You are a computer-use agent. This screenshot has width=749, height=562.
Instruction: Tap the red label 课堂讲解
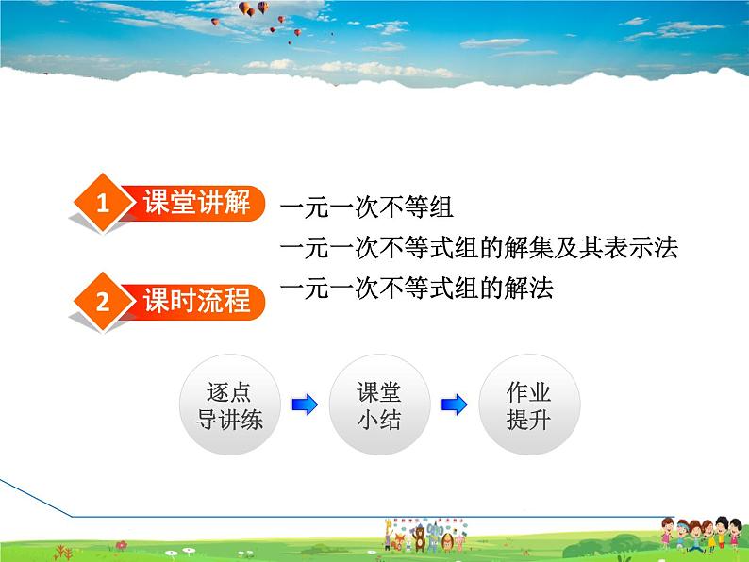point(196,202)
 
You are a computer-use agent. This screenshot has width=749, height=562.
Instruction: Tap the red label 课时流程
point(196,301)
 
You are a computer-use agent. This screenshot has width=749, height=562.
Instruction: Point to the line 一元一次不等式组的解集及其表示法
point(479,248)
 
